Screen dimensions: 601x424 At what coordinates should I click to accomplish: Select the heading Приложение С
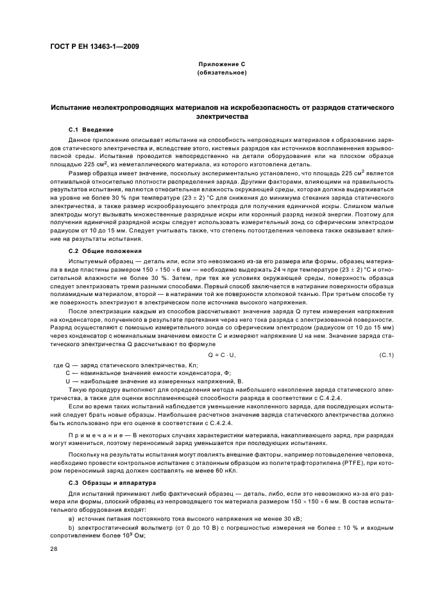pyautogui.click(x=222, y=65)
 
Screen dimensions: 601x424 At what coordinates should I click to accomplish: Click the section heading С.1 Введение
pyautogui.click(x=90, y=130)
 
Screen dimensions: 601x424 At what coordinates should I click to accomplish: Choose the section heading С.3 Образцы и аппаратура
pyautogui.click(x=108, y=482)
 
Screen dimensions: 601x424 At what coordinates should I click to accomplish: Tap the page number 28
pyautogui.click(x=54, y=548)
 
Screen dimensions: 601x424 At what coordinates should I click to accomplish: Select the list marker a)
pyautogui.click(x=71, y=517)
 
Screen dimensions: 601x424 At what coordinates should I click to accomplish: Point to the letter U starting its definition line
pyautogui.click(x=68, y=381)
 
